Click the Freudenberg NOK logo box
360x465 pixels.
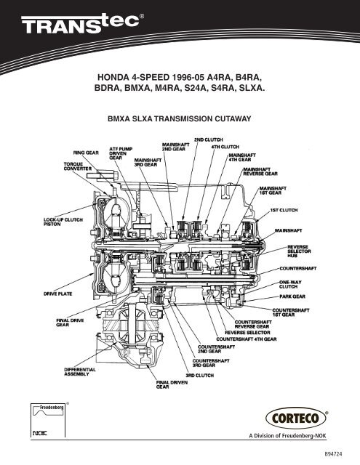48,419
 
